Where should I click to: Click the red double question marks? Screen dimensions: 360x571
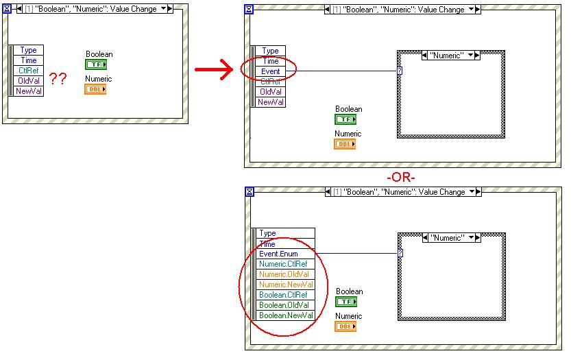pos(58,79)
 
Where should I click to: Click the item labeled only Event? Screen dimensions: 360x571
pos(270,71)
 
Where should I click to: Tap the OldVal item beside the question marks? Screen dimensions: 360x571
pos(29,81)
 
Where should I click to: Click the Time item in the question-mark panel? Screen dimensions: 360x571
pos(29,60)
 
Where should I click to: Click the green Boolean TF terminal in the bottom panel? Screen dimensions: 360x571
pos(346,302)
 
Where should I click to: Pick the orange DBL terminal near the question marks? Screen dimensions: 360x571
pos(95,89)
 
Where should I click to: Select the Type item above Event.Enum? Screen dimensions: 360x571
pos(267,234)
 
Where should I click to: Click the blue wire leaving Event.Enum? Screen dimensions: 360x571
pos(356,253)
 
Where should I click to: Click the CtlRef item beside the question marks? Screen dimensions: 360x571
pos(29,71)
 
